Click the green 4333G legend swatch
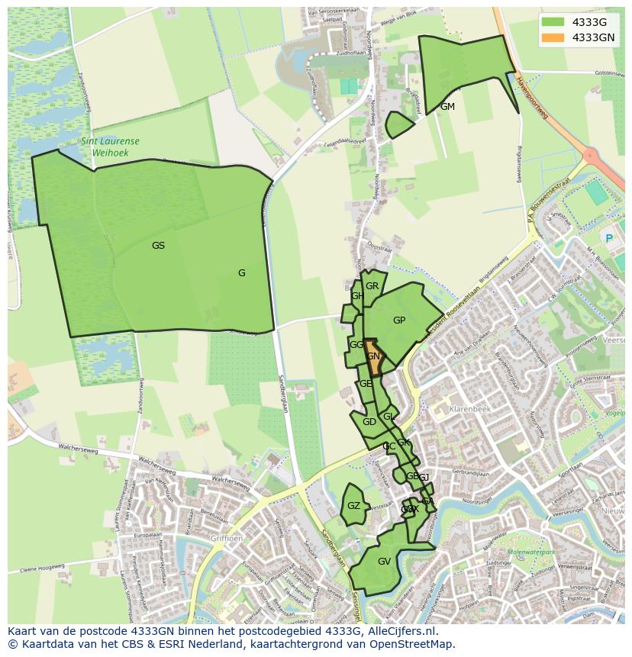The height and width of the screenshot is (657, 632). coord(553,22)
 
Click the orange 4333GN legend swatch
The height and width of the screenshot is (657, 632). coord(553,37)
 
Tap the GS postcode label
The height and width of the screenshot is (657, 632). coord(158,246)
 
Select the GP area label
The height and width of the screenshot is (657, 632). coord(399,320)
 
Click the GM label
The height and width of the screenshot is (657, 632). coord(447,107)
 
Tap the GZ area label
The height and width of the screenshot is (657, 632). coord(353,506)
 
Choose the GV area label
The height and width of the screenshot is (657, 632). coord(384,562)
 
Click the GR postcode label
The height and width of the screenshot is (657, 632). coord(372,286)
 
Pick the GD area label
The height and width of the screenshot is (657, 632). coord(369,422)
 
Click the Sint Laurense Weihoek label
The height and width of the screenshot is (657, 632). coord(110,147)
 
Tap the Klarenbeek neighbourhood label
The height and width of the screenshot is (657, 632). coord(468,409)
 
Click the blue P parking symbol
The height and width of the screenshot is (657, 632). coord(609,238)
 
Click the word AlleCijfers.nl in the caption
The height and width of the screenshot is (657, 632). coord(399,631)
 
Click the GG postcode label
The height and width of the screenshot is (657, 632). coord(356,345)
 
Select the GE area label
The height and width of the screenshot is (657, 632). coord(366,384)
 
